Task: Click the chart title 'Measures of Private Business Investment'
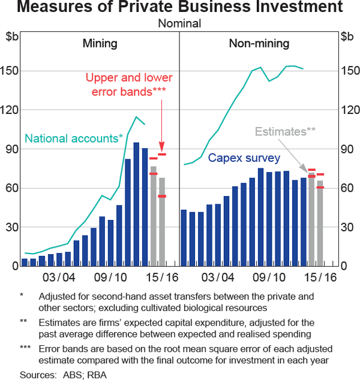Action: click(x=180, y=8)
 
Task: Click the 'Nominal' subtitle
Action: click(x=180, y=24)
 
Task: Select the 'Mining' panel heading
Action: click(x=100, y=43)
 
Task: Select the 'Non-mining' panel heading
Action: click(x=259, y=43)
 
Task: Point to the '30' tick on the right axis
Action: click(x=347, y=227)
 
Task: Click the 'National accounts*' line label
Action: click(x=74, y=138)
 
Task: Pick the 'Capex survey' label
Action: click(x=244, y=158)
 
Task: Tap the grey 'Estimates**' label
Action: click(x=285, y=132)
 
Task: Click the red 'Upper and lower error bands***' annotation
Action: click(x=129, y=85)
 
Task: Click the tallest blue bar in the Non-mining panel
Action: click(x=260, y=217)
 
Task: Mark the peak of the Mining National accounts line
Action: click(x=136, y=116)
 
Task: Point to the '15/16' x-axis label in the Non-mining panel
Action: click(x=322, y=278)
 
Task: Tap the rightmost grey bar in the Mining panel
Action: click(x=162, y=222)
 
